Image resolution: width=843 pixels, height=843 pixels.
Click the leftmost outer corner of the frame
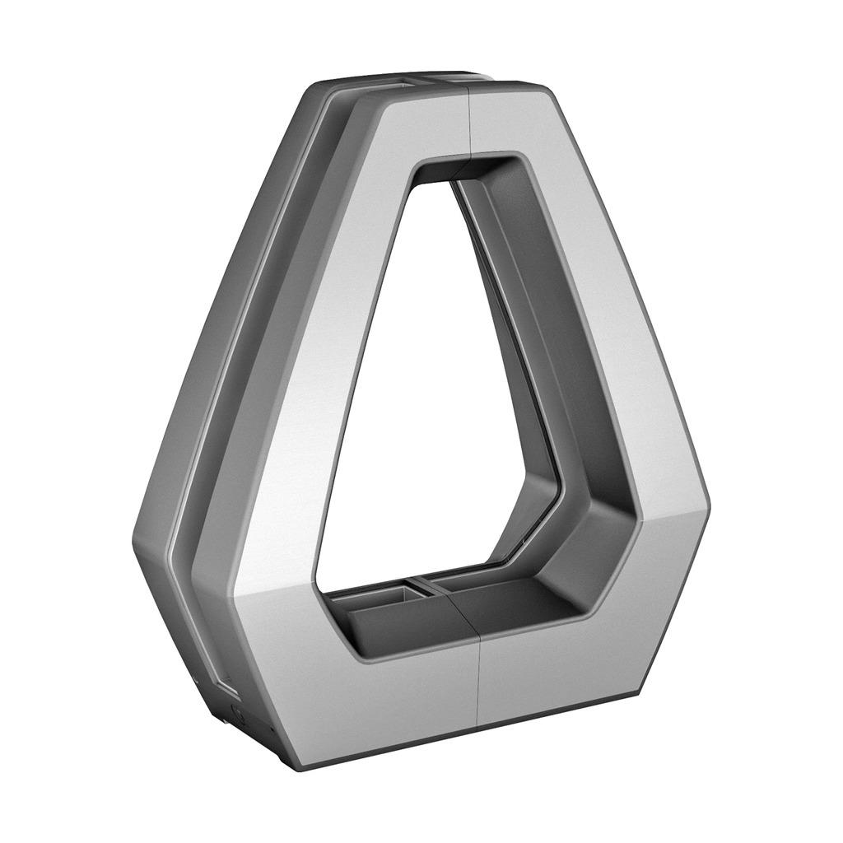[x=133, y=543]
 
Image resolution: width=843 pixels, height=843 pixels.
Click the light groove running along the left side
[x=247, y=329]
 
